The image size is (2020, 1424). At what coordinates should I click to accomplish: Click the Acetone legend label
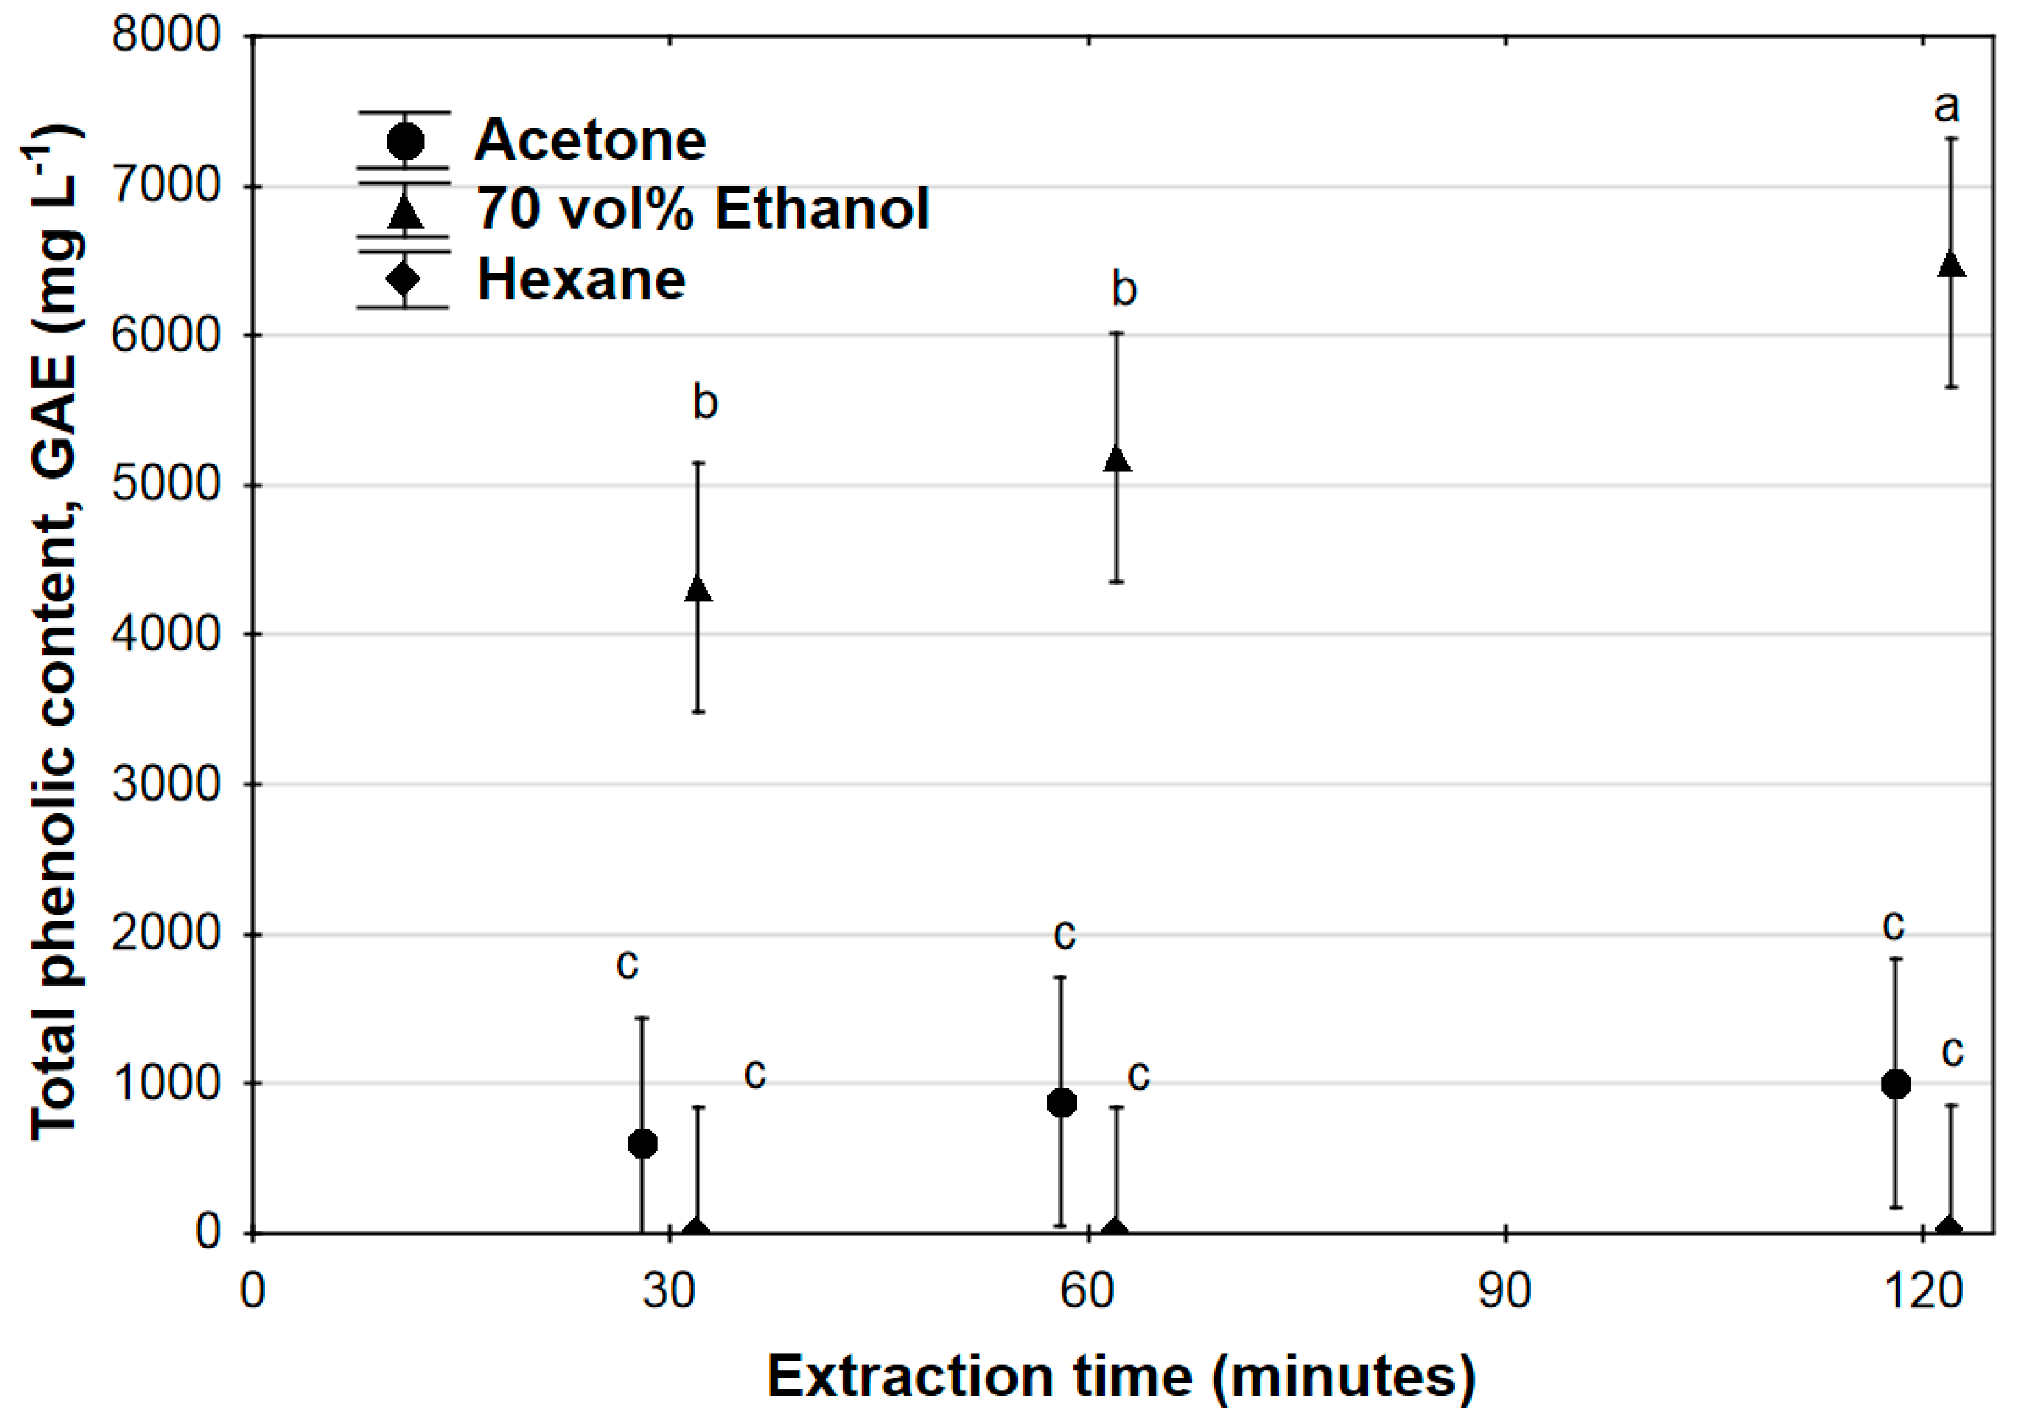click(x=590, y=140)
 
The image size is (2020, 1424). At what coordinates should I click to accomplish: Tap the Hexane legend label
click(x=581, y=280)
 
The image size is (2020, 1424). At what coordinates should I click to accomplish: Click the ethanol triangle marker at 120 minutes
click(x=1951, y=265)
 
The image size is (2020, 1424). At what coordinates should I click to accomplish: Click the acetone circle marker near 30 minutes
click(x=643, y=1144)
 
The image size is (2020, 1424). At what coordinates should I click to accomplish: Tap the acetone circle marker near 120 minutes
click(x=1896, y=1084)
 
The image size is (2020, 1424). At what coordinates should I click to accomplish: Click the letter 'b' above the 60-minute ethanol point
click(x=1123, y=289)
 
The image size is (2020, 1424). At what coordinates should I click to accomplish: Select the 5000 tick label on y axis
click(x=166, y=485)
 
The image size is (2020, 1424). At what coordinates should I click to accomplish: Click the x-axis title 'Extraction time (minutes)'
click(x=1121, y=1376)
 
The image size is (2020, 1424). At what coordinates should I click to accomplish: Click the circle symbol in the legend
click(x=405, y=140)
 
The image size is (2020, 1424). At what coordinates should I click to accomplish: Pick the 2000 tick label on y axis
click(x=166, y=933)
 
